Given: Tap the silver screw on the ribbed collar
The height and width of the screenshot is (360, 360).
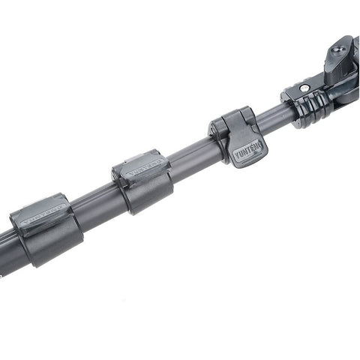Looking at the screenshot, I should tap(304, 87).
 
